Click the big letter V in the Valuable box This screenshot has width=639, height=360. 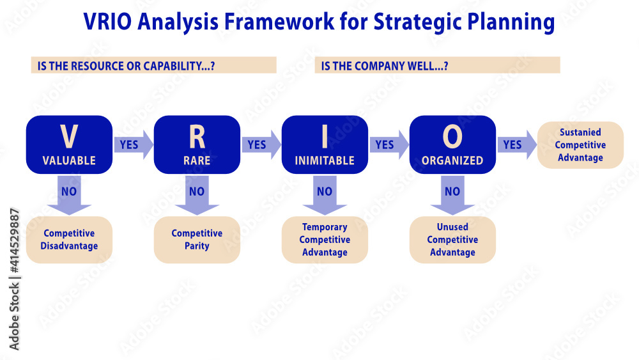(69, 137)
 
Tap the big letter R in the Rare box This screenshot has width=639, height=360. (197, 137)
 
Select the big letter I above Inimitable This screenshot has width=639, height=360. (325, 137)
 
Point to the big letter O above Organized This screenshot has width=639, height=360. (452, 137)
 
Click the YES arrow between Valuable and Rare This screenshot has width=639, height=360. (134, 145)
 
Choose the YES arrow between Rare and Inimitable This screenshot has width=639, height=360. (261, 145)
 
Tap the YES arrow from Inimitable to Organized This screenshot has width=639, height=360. (389, 145)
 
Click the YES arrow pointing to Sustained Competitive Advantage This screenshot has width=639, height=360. (517, 145)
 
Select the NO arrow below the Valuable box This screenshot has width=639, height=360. (69, 195)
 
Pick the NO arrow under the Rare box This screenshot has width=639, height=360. (197, 195)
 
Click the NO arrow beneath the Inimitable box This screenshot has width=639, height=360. (325, 195)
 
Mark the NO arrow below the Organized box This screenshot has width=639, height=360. (452, 195)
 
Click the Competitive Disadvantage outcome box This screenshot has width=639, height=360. (69, 240)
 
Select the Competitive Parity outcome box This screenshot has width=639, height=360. (197, 240)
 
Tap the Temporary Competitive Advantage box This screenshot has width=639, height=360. (325, 240)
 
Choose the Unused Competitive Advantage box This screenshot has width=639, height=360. (452, 240)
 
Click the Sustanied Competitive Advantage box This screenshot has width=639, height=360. (580, 145)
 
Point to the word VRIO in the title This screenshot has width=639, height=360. (107, 21)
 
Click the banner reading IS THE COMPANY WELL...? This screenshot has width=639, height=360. (437, 65)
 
